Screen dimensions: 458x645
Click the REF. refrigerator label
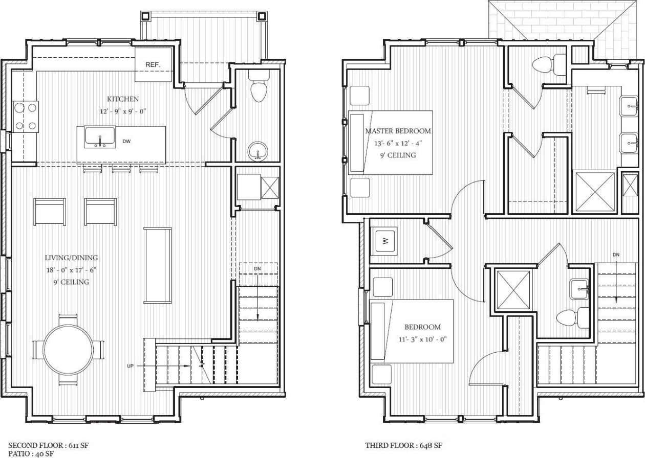(153, 65)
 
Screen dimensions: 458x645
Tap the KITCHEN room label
(123, 99)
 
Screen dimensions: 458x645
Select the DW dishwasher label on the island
(126, 141)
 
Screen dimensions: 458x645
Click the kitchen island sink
(100, 137)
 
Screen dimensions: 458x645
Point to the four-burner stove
(26, 116)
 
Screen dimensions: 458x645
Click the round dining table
(68, 350)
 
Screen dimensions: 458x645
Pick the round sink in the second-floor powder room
(257, 151)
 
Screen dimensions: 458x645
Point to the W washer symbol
(385, 241)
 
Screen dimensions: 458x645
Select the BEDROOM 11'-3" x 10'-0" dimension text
(422, 339)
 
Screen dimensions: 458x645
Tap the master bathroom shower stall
(595, 191)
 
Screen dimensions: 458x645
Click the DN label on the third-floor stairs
(616, 255)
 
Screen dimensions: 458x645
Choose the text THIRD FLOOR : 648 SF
(403, 446)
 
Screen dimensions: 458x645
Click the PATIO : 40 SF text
(31, 453)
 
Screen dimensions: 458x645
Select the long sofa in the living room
(158, 265)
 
